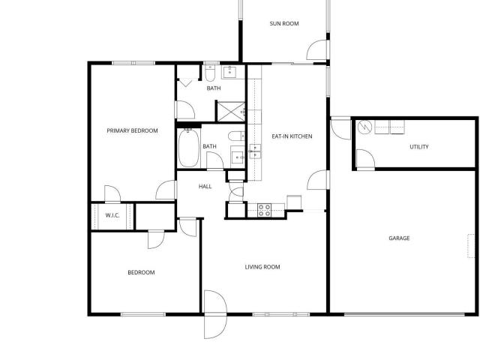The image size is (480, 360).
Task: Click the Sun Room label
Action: pos(284,23)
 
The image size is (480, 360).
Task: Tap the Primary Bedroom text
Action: pos(132,130)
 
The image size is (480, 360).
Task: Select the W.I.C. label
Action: pos(112,215)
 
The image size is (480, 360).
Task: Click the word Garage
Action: pos(399,238)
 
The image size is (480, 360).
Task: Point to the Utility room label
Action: pos(419,147)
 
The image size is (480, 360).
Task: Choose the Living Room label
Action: pos(262,267)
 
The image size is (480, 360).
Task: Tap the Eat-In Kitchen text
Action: pos(292,136)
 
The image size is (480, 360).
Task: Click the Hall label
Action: pos(205,187)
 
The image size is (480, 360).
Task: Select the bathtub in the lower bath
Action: pos(188,148)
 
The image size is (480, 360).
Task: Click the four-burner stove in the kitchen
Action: pos(264,210)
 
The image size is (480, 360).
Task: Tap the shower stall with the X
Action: pos(231,111)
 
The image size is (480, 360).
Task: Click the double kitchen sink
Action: pos(255,151)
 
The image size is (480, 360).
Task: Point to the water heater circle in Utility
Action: pos(364,127)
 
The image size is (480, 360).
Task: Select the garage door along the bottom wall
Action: pos(404,314)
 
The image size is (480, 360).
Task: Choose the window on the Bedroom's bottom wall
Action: pos(143,314)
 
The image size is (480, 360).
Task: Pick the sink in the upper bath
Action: pos(230,73)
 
